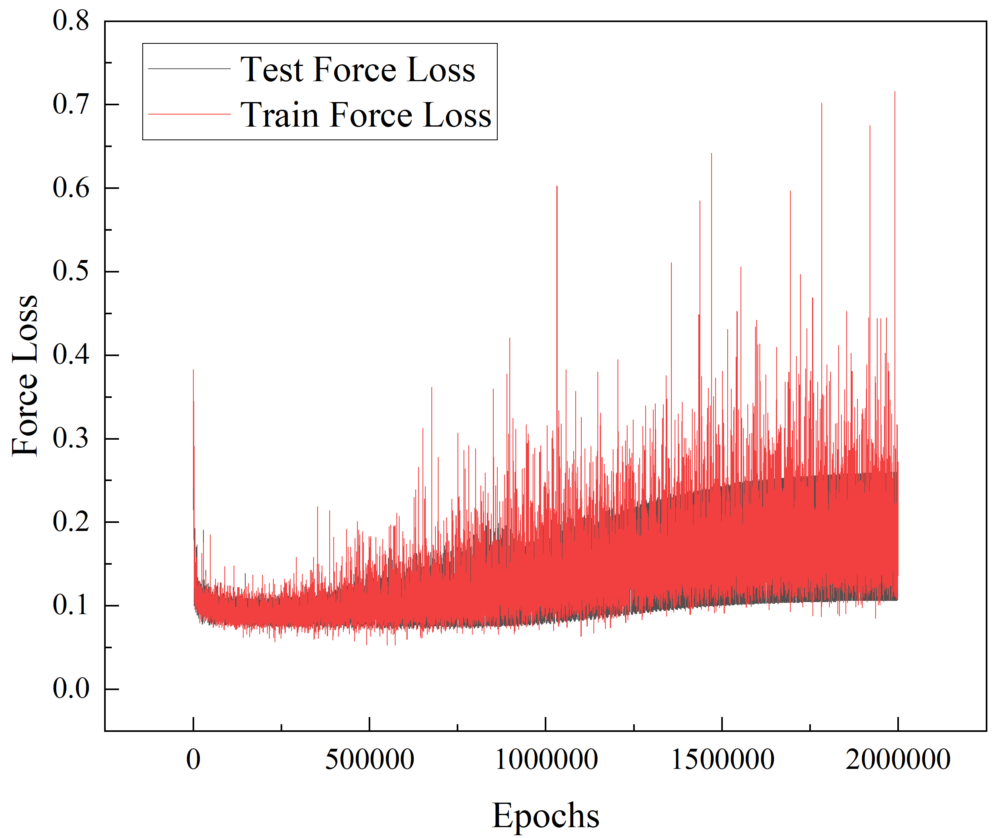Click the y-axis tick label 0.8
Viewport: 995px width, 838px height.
71,21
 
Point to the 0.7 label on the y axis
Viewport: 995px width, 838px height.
71,104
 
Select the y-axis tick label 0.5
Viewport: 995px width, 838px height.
71,272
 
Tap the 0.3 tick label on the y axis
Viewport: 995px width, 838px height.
71,438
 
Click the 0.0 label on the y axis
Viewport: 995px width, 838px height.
71,689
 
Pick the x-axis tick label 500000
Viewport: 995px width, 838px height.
369,760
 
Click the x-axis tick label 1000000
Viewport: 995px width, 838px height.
546,760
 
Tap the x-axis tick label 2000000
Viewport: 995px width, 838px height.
898,760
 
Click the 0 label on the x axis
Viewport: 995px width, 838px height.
193,760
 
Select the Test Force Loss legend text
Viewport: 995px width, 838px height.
357,70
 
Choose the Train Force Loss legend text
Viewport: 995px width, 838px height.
365,115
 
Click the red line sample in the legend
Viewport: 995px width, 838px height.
189,115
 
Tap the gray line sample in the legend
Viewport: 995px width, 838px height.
189,69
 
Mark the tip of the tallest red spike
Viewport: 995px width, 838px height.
895,92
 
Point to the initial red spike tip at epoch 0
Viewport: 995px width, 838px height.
193,370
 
